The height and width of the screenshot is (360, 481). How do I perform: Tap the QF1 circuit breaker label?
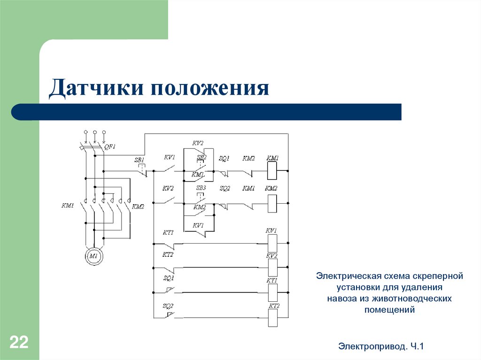(x=110, y=146)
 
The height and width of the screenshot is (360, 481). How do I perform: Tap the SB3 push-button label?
(x=201, y=188)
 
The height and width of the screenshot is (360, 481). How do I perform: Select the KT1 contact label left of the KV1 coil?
(x=168, y=232)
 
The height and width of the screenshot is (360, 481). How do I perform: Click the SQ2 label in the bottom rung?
(x=168, y=306)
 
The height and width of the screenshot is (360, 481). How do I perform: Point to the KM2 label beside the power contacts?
(x=138, y=206)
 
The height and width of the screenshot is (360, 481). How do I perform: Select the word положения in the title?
(x=209, y=89)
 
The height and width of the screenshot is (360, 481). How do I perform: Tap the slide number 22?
(x=19, y=342)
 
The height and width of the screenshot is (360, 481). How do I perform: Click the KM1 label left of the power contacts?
(x=69, y=206)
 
